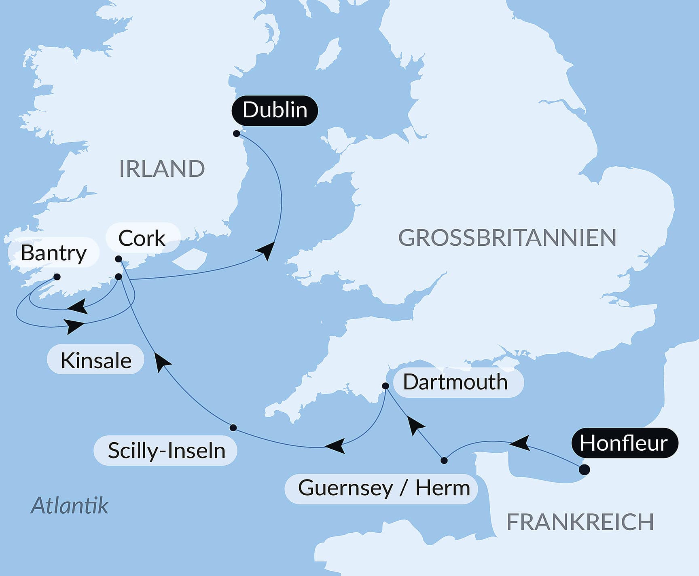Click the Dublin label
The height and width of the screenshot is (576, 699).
(275, 110)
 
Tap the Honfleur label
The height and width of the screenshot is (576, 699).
(624, 443)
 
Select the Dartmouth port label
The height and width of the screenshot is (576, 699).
(455, 382)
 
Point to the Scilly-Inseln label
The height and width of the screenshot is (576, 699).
(166, 451)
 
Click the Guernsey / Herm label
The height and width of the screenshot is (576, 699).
(383, 488)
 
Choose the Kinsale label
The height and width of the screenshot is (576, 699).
(96, 360)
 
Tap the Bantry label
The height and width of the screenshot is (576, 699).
(53, 253)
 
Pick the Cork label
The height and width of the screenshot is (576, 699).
(142, 238)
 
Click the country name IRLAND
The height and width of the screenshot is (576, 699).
(162, 169)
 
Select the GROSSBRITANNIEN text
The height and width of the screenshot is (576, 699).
(507, 238)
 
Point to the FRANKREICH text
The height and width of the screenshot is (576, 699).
(580, 522)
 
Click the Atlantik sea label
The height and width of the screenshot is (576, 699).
(70, 505)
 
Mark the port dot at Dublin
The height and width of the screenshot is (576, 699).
(237, 133)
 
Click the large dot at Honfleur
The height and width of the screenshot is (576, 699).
(584, 470)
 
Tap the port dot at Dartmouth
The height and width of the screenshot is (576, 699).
(386, 386)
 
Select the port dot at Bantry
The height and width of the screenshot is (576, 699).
(57, 277)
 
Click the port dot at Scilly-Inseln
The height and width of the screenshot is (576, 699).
(233, 428)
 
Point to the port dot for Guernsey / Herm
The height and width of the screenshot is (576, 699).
(444, 460)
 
